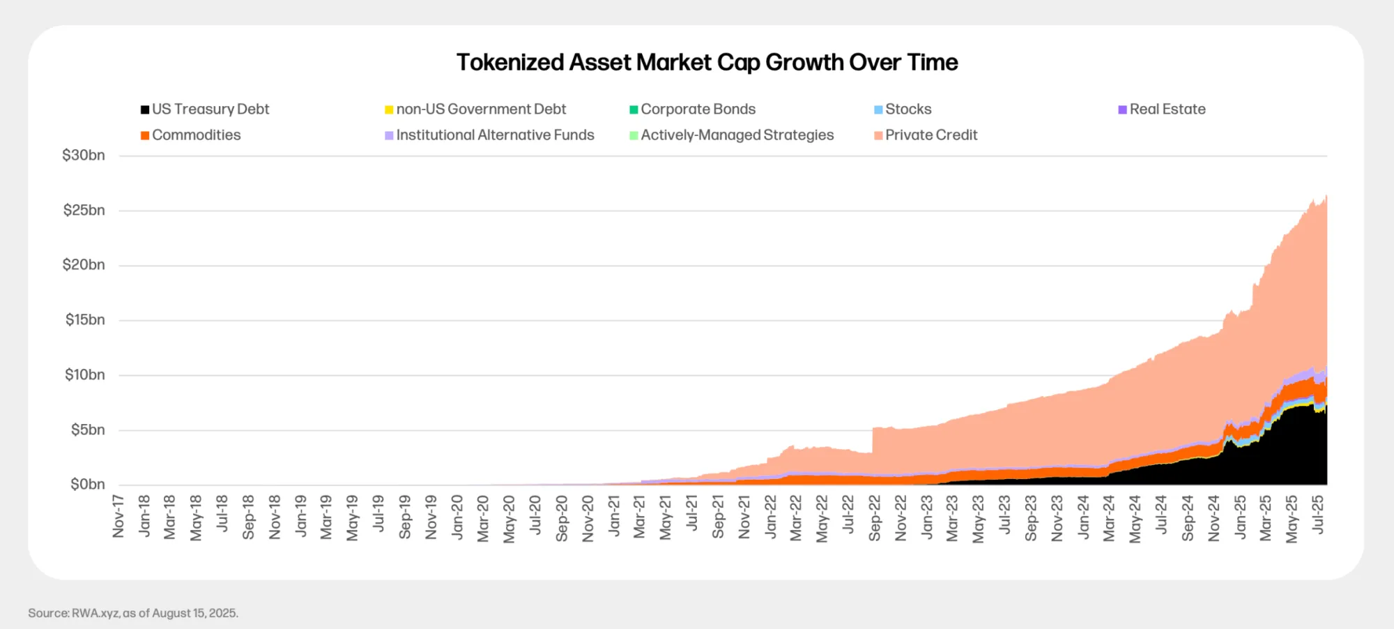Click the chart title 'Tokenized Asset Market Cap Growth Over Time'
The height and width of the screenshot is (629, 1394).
click(x=707, y=63)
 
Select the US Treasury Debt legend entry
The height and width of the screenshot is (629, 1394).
click(x=205, y=109)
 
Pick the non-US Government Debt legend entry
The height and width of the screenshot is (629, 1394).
click(x=475, y=109)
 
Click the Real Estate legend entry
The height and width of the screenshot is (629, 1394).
click(x=1162, y=109)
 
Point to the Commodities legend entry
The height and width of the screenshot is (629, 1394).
click(x=191, y=135)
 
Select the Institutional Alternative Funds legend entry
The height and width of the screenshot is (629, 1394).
click(x=489, y=135)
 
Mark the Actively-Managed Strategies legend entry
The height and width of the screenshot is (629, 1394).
click(x=731, y=135)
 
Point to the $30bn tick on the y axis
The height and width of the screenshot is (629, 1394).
click(x=84, y=156)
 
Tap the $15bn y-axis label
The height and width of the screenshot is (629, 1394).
click(x=85, y=320)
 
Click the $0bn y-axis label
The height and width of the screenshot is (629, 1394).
click(x=88, y=485)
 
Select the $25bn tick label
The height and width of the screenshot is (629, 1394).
click(x=84, y=211)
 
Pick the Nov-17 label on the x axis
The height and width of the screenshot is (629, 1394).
click(x=118, y=517)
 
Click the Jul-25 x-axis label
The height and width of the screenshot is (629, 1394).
click(x=1318, y=515)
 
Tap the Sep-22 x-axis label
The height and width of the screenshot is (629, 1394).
click(x=875, y=518)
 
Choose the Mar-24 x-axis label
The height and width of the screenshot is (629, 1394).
click(x=1109, y=518)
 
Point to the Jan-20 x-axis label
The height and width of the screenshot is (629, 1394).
click(x=457, y=517)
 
